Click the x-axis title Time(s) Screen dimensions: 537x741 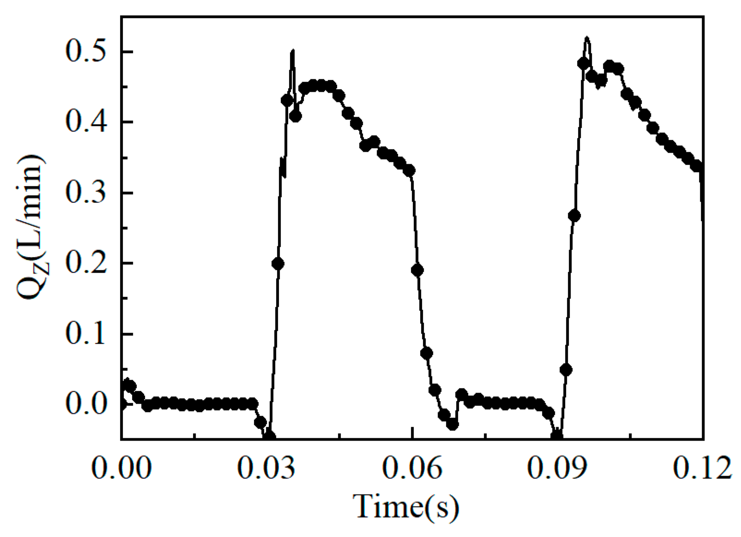tap(406, 506)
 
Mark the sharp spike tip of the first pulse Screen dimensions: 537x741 tap(293, 50)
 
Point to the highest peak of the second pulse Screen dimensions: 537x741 tap(587, 37)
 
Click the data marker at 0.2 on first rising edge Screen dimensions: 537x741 tap(278, 264)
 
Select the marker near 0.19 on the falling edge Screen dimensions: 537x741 tap(417, 270)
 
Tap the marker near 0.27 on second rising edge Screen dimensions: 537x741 tap(574, 215)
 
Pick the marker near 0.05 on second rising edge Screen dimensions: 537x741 tap(566, 370)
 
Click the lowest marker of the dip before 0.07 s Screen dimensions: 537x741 tap(452, 424)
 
